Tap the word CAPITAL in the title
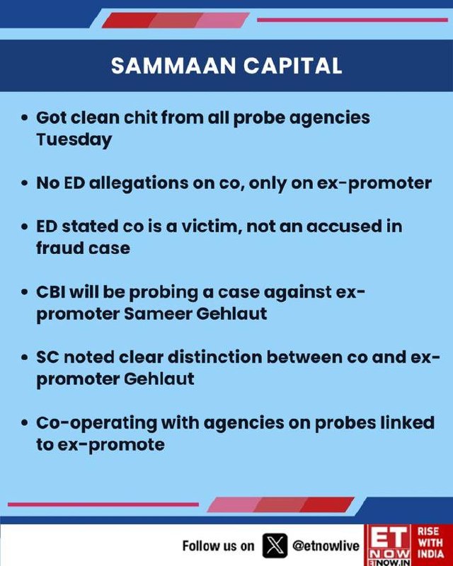click(292, 66)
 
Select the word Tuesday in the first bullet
click(74, 140)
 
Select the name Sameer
click(158, 313)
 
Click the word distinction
click(215, 357)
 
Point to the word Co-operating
click(96, 423)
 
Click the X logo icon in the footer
click(275, 545)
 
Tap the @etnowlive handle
click(326, 545)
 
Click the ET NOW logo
click(388, 545)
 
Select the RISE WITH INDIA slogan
click(430, 543)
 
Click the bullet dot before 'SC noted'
click(25, 357)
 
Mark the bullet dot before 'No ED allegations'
click(25, 183)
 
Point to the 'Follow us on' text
click(218, 545)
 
